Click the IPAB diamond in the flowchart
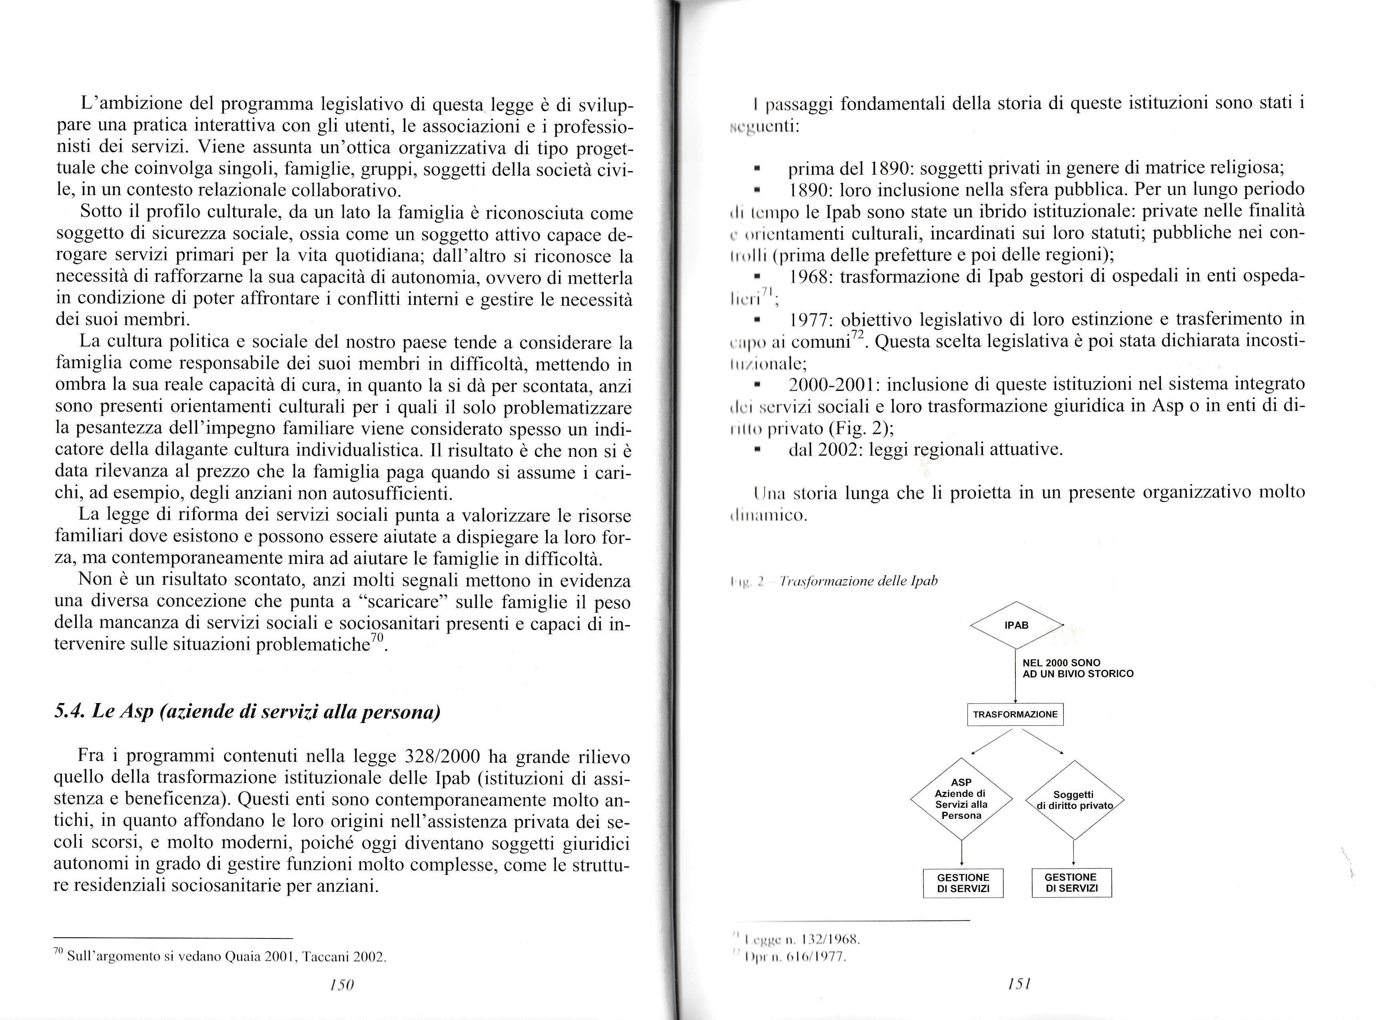(x=1016, y=625)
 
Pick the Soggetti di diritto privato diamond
(x=1074, y=800)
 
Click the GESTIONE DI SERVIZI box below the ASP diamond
(x=963, y=883)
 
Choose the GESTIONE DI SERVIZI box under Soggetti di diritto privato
(x=1071, y=883)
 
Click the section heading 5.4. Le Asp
(x=247, y=712)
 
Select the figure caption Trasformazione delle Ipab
(x=858, y=581)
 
